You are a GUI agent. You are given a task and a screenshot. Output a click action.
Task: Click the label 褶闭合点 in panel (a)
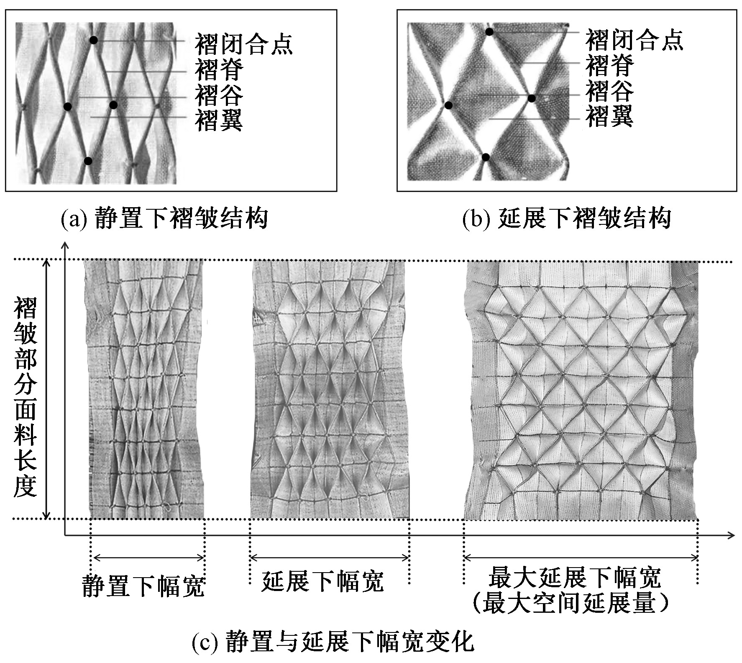(243, 44)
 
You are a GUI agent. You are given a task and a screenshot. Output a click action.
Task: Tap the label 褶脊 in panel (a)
(219, 69)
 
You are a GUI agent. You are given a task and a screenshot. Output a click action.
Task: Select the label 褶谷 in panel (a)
(219, 95)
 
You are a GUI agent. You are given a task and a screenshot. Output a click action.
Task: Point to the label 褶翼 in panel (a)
(219, 120)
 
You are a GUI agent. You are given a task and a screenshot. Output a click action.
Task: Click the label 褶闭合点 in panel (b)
(634, 40)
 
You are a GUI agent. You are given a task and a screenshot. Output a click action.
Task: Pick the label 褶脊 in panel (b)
(609, 66)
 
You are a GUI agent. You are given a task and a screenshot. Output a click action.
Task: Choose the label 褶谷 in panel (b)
(609, 91)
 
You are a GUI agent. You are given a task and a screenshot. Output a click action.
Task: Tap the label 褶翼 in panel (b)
(609, 116)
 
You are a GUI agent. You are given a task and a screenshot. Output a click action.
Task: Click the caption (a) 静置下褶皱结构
(164, 218)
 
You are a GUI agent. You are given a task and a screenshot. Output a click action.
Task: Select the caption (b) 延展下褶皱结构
(566, 218)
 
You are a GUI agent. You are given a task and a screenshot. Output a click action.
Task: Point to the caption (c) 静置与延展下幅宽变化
(333, 642)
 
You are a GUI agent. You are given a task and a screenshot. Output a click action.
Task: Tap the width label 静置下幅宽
(143, 586)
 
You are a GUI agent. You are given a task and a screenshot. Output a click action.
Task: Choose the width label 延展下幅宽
(322, 581)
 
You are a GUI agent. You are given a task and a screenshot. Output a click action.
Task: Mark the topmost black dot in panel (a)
(94, 40)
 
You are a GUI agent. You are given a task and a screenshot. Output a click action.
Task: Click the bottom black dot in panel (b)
(486, 157)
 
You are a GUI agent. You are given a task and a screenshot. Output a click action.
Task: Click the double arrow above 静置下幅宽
(148, 558)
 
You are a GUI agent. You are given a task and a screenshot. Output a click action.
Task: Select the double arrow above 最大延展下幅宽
(581, 558)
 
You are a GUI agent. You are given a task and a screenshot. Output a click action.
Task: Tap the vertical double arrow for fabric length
(47, 389)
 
